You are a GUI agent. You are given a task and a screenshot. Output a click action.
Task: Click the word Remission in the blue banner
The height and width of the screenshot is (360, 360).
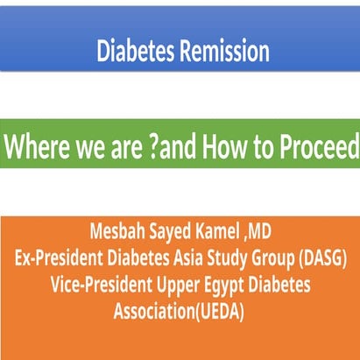point(224,52)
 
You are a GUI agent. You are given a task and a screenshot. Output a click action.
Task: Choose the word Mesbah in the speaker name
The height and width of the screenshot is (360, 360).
point(119,235)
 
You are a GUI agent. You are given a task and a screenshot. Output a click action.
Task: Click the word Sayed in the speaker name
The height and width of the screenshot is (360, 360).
point(173,235)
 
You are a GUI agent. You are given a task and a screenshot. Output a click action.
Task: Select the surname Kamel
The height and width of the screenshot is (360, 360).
point(220,235)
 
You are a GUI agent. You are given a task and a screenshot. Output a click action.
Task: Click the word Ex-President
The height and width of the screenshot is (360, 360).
point(62,260)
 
